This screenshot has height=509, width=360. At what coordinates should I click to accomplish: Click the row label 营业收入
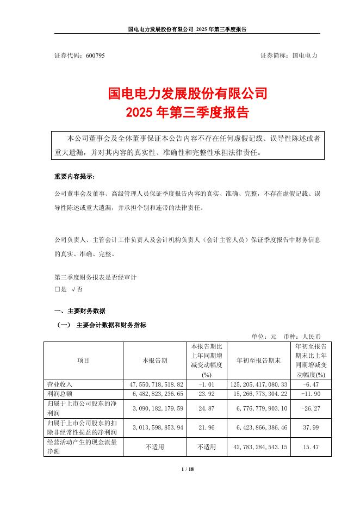point(61,384)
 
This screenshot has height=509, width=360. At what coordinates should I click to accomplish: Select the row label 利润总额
point(61,393)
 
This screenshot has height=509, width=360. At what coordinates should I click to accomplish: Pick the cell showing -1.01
point(206,384)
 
